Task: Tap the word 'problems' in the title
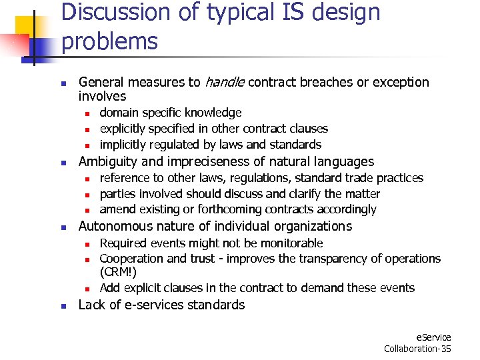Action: (109, 41)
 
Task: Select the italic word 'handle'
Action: (225, 83)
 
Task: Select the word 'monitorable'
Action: (291, 243)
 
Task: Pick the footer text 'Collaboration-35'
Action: (417, 349)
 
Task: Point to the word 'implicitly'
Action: (123, 145)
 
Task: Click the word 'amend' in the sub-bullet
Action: (115, 209)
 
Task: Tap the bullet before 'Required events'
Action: (87, 244)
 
